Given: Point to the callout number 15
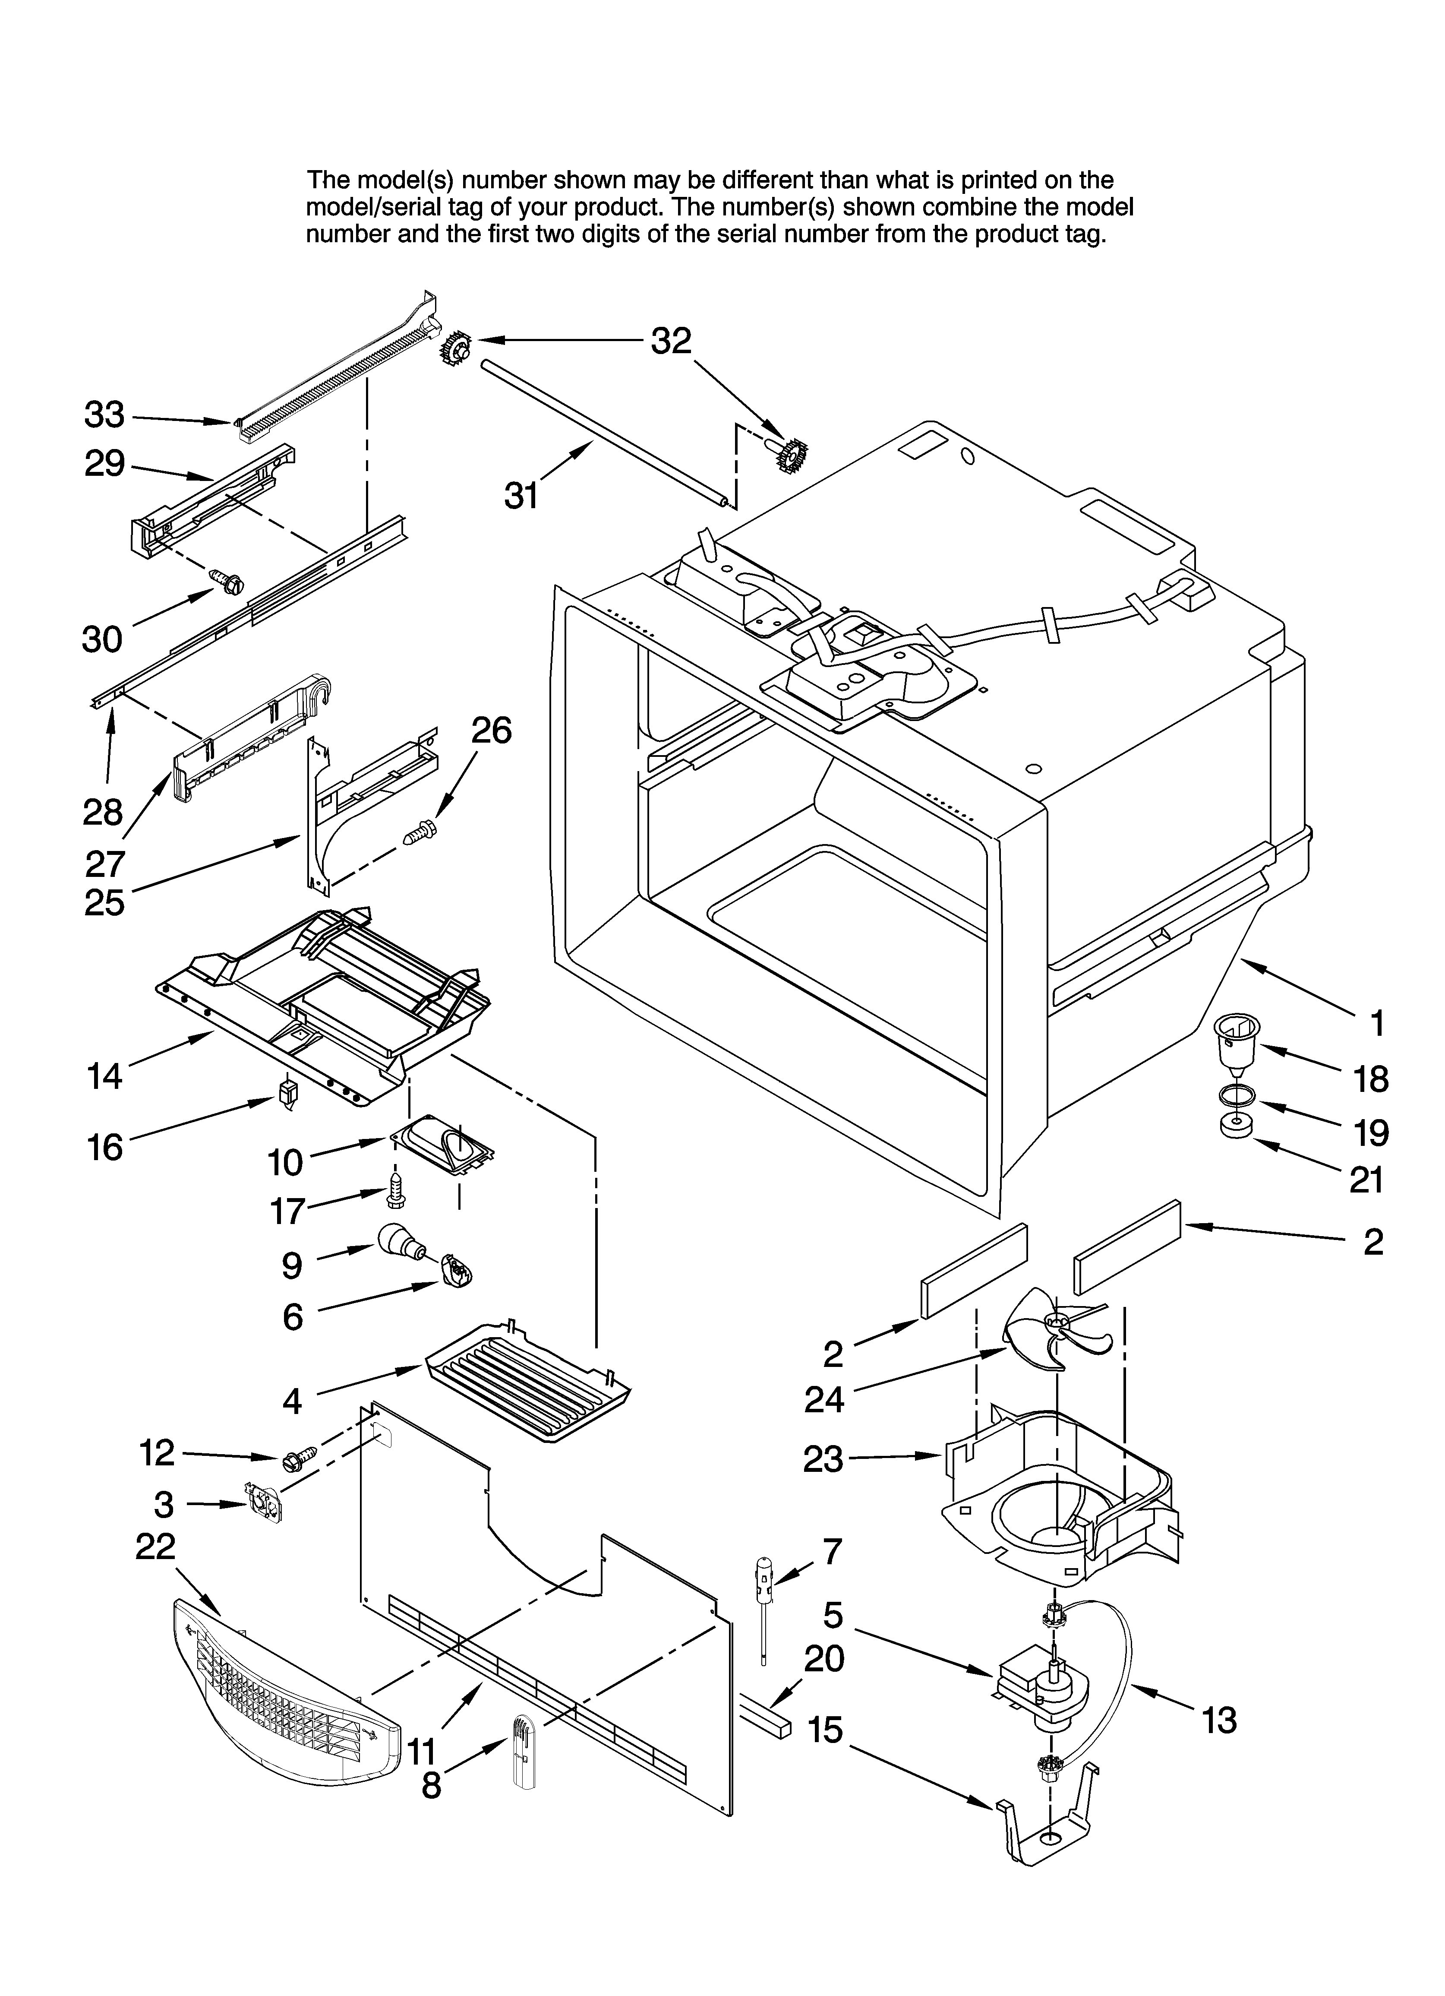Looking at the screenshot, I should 826,1730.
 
